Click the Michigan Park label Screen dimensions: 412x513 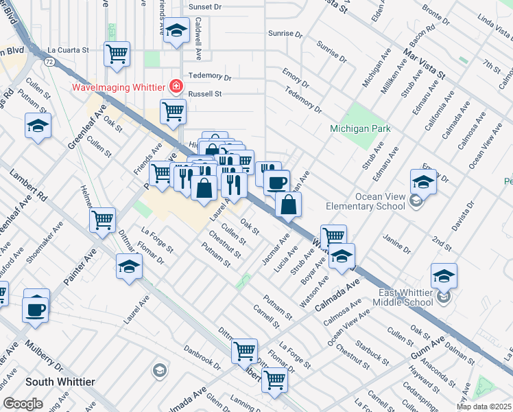pyautogui.click(x=360, y=128)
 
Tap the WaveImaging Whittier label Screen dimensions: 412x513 pyautogui.click(x=119, y=87)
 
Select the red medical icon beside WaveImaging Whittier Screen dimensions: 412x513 pyautogui.click(x=176, y=87)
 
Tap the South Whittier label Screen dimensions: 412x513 pyautogui.click(x=60, y=381)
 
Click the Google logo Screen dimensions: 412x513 pyautogui.click(x=23, y=404)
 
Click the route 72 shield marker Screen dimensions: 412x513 pyautogui.click(x=49, y=62)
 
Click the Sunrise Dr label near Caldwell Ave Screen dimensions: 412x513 pyautogui.click(x=286, y=34)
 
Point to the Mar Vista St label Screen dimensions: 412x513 pyautogui.click(x=424, y=62)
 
